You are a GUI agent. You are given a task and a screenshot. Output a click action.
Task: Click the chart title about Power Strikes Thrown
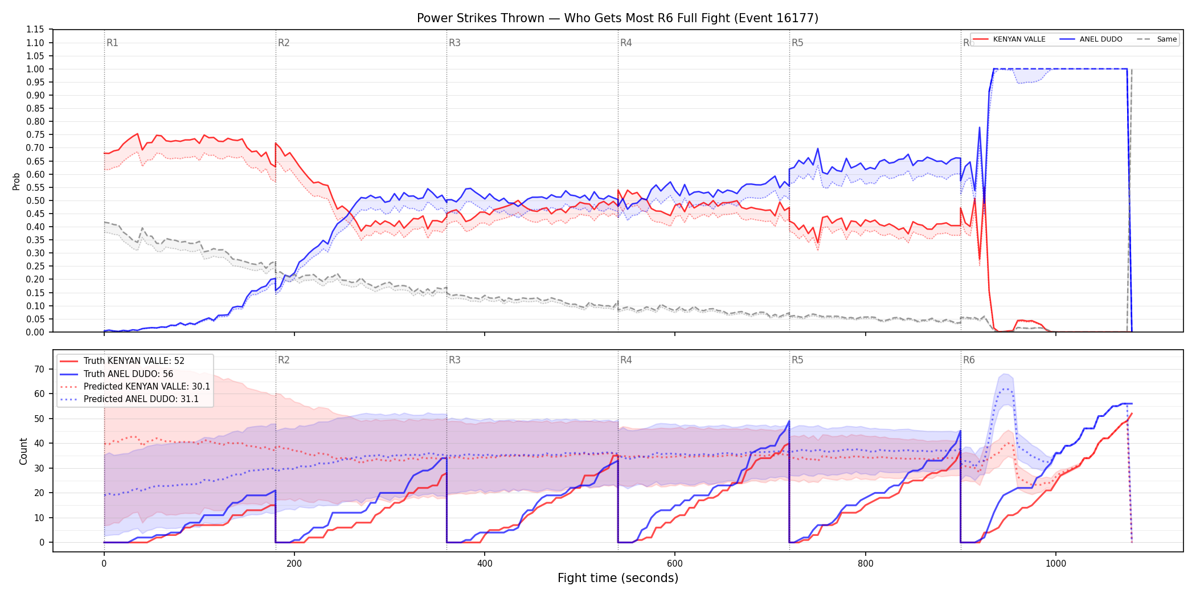point(617,18)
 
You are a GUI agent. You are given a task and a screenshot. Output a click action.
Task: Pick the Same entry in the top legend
point(1157,39)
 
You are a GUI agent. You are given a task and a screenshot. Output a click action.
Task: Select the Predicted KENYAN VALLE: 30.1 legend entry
point(135,387)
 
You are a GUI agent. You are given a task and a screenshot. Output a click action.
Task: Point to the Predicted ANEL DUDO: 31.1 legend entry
point(129,399)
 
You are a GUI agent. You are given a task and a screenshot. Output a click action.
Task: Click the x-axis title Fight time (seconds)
point(618,578)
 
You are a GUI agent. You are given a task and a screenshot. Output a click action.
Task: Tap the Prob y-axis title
point(17,181)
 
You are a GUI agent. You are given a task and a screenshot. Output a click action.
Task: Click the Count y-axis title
point(23,451)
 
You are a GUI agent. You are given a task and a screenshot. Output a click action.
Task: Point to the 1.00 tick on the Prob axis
point(35,69)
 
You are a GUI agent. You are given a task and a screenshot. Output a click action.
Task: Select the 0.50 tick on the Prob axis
point(35,200)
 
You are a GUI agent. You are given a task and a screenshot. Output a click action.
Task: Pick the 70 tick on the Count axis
point(39,369)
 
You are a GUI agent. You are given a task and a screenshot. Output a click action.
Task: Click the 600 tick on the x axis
point(675,563)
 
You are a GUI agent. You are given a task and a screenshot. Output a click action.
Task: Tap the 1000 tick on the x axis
point(1056,563)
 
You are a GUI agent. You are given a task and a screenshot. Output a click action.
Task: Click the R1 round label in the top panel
point(112,43)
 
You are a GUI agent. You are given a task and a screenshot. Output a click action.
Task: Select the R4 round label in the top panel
point(626,43)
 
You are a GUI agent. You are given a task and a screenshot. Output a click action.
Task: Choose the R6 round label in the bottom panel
point(969,360)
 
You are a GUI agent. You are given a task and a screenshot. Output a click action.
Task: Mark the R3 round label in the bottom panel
point(454,360)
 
